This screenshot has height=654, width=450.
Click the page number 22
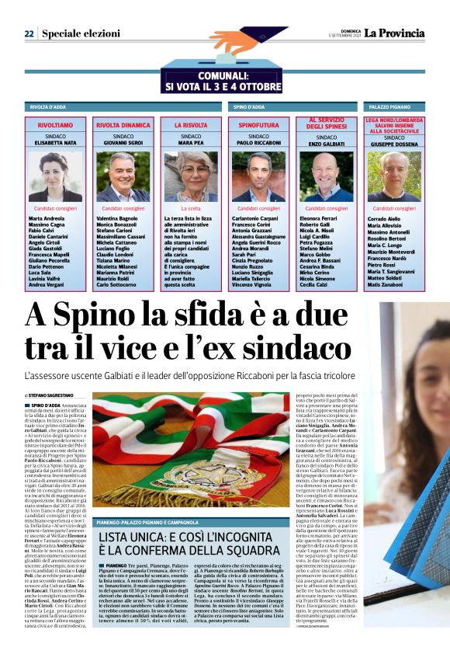29,34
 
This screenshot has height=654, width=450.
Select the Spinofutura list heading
258,125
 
